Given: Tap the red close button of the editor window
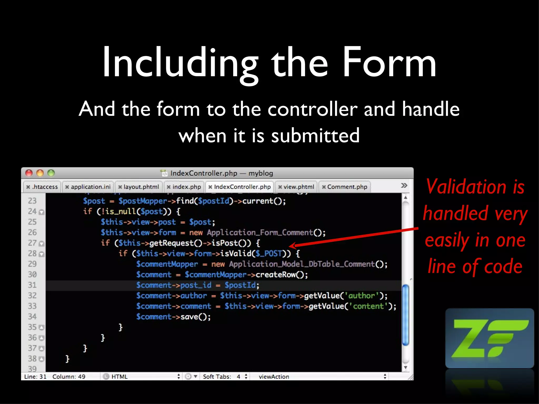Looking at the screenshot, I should (29, 173).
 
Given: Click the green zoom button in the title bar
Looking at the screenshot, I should (51, 173).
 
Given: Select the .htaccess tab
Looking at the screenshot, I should (42, 187).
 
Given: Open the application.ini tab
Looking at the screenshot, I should (88, 187).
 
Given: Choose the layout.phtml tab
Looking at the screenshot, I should (139, 187).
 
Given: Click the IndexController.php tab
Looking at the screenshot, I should (240, 187).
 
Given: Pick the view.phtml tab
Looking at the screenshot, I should (296, 187).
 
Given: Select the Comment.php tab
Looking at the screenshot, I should (345, 187).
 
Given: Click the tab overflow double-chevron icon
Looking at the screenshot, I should (404, 185).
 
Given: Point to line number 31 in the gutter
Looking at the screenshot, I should (32, 285).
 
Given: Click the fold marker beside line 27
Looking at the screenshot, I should (42, 244).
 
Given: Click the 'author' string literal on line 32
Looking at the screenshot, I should (361, 296).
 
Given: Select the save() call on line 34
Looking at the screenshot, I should (195, 317).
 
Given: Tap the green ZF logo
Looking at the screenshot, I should (490, 338).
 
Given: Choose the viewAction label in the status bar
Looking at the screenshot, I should (274, 377).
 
